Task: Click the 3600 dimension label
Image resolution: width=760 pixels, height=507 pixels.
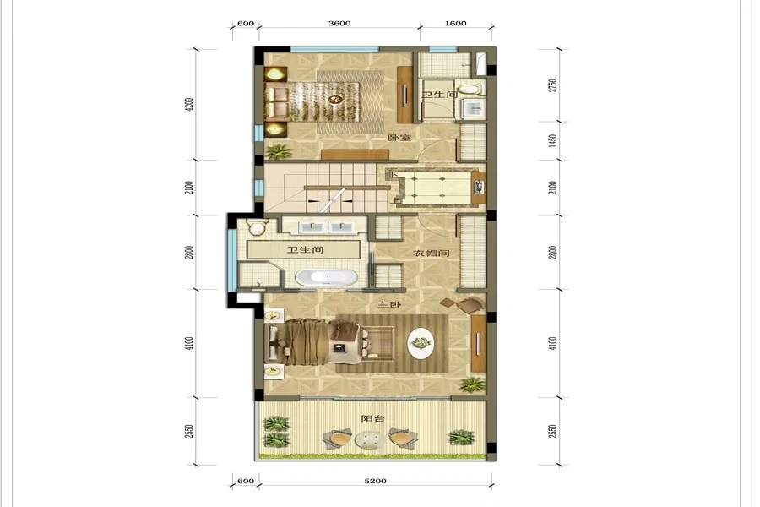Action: click(339, 24)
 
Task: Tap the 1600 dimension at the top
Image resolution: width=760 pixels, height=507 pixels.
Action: click(456, 24)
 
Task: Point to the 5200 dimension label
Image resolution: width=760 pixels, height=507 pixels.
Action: click(375, 481)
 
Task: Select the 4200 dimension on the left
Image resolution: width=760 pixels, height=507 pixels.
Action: click(189, 105)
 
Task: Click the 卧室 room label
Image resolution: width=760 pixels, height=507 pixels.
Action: click(399, 138)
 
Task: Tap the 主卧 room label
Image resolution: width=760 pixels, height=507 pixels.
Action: click(389, 305)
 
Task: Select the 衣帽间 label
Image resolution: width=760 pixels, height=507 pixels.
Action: click(431, 253)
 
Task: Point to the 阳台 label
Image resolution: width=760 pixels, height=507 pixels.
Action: click(372, 418)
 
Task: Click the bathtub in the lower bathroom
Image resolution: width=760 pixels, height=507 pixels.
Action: click(327, 277)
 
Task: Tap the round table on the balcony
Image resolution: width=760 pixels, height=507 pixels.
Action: click(371, 440)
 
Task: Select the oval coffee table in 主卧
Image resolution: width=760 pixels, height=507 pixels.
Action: click(421, 343)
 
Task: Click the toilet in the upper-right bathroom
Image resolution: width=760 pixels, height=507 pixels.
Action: click(470, 90)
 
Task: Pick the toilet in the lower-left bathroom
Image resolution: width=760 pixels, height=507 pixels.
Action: click(257, 227)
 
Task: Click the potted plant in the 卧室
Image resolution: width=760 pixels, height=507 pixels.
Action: click(279, 152)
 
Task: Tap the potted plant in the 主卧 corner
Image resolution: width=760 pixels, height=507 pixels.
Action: click(472, 384)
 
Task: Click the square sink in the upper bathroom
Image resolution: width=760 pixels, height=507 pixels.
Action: click(474, 108)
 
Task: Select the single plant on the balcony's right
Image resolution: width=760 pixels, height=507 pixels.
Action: click(462, 437)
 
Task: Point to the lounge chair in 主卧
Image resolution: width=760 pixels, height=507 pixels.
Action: click(463, 305)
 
